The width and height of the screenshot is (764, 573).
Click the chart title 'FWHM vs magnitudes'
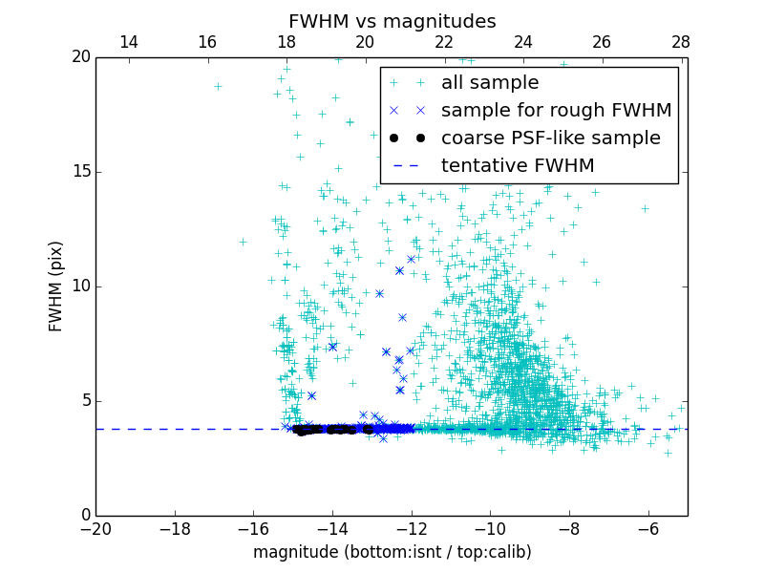392,21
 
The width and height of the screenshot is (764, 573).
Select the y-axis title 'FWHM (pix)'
56,286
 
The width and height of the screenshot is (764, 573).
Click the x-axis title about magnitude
392,552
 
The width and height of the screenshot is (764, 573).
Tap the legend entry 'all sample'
490,83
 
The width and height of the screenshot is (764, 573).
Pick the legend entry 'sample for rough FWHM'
556,111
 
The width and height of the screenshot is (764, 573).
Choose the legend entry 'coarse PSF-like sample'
550,138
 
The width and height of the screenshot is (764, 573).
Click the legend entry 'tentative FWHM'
518,166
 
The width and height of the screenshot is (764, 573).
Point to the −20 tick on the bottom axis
95,528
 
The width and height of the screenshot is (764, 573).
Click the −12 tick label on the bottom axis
411,528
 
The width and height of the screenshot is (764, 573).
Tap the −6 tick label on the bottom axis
647,528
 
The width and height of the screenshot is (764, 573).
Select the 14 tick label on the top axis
128,42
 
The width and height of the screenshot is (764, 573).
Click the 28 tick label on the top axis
680,42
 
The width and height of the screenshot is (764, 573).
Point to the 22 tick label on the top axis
443,42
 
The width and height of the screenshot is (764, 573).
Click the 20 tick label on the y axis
80,57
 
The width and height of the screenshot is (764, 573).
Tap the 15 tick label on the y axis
80,172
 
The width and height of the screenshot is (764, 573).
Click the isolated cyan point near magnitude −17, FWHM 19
218,86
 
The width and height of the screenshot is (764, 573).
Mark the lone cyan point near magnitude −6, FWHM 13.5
645,207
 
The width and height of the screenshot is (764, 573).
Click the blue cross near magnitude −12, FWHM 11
411,259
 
